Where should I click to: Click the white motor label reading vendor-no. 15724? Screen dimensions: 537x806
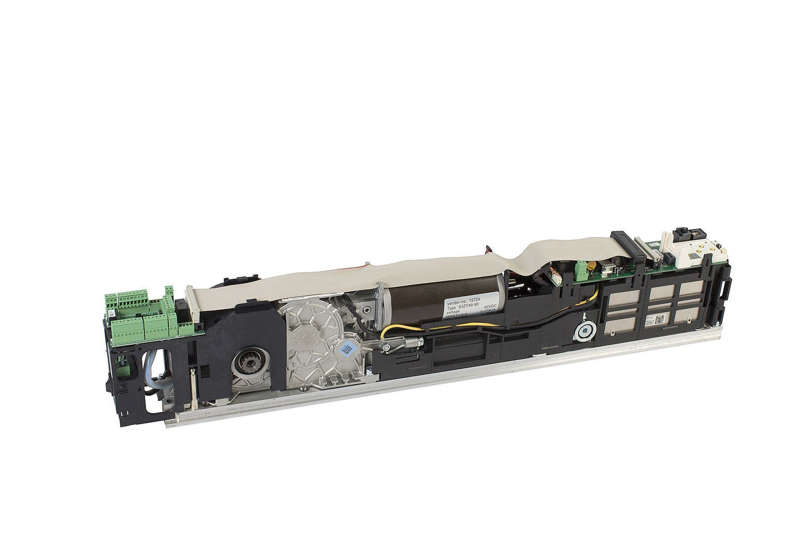(x=470, y=307)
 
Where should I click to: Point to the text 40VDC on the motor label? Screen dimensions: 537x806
(x=490, y=306)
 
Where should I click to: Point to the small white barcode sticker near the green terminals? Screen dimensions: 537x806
(x=112, y=313)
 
